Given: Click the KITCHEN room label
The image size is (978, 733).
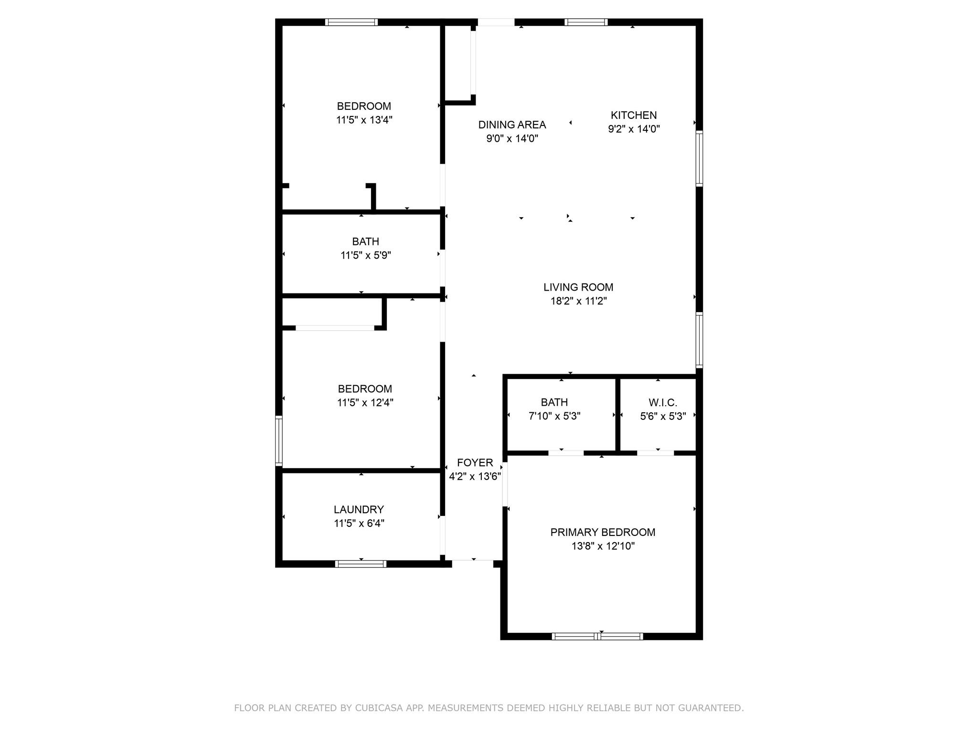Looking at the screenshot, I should [634, 115].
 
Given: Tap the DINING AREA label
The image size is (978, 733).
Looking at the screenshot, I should [512, 125].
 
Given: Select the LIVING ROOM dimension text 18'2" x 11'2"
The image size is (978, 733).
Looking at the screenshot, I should [578, 301].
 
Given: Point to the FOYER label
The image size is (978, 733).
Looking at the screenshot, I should [475, 462].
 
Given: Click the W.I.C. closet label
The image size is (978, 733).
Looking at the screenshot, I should [663, 402].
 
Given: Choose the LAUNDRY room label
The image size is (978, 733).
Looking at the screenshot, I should [359, 510].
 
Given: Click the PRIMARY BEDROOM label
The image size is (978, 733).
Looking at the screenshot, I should [603, 532].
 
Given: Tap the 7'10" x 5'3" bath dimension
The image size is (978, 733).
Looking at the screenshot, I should [554, 416].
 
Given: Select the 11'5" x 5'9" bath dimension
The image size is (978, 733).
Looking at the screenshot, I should [366, 255].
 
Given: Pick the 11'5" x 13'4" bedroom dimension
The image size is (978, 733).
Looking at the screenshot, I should [364, 120].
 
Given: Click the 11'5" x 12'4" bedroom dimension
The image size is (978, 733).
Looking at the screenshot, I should [365, 403].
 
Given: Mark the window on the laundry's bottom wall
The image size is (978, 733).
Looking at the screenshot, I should [361, 564].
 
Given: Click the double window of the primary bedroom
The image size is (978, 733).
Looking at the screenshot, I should [597, 636].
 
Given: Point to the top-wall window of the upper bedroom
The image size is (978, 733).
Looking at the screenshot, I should [351, 22].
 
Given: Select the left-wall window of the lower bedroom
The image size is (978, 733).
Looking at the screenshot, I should [279, 440].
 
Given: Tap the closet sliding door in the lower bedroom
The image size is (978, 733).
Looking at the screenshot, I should [335, 328].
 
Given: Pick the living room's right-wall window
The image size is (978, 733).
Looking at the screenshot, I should [699, 340].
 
